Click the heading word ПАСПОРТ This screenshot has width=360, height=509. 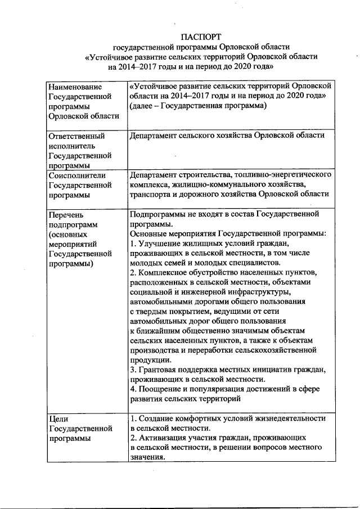[197, 35]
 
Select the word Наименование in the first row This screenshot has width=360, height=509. [75, 87]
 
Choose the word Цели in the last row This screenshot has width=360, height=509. [58, 419]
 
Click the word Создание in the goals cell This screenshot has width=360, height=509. [156, 419]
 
